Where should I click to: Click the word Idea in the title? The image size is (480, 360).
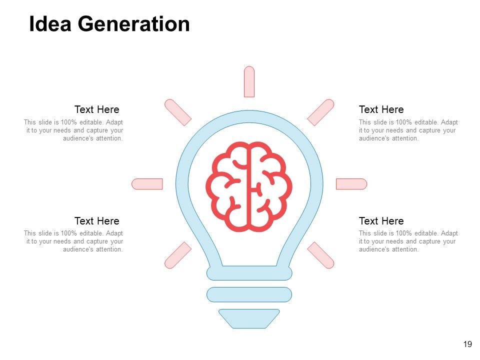tap(50, 24)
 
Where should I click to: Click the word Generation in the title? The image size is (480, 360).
tap(134, 24)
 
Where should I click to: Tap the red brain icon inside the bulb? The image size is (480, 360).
tap(249, 186)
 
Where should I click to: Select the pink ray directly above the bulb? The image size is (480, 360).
tap(249, 81)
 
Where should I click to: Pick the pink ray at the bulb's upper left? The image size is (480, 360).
tap(178, 112)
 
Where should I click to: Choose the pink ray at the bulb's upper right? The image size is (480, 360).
tap(320, 112)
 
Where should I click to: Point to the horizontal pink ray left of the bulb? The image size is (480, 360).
tap(147, 184)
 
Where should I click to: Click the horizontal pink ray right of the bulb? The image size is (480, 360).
tap(351, 184)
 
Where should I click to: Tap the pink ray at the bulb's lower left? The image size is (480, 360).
tap(178, 255)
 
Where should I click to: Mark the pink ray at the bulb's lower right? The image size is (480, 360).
tap(320, 255)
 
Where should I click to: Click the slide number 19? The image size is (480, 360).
tap(467, 344)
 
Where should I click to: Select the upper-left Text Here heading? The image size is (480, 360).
tap(96, 109)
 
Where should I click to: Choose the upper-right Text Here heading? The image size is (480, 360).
tap(381, 109)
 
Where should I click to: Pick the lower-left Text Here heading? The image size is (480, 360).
tap(96, 221)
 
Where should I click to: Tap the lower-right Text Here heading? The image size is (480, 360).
tap(381, 221)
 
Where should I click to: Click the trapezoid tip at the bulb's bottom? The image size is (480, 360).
tap(249, 318)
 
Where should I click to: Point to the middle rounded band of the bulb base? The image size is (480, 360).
tap(249, 294)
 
